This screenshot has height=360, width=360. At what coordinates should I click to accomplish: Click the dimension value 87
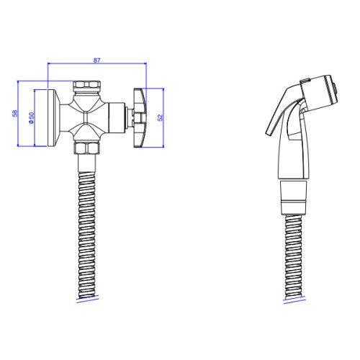point(96,60)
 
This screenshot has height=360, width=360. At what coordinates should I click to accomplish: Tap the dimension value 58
point(15,113)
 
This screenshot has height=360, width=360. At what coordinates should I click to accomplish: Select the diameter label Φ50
point(32,118)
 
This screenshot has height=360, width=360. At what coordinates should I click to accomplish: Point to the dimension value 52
point(161,117)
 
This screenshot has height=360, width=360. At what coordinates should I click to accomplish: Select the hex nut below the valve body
point(86,148)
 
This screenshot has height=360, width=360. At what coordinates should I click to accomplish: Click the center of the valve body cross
point(86,117)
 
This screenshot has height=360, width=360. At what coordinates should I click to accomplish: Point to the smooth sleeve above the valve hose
point(87,163)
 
